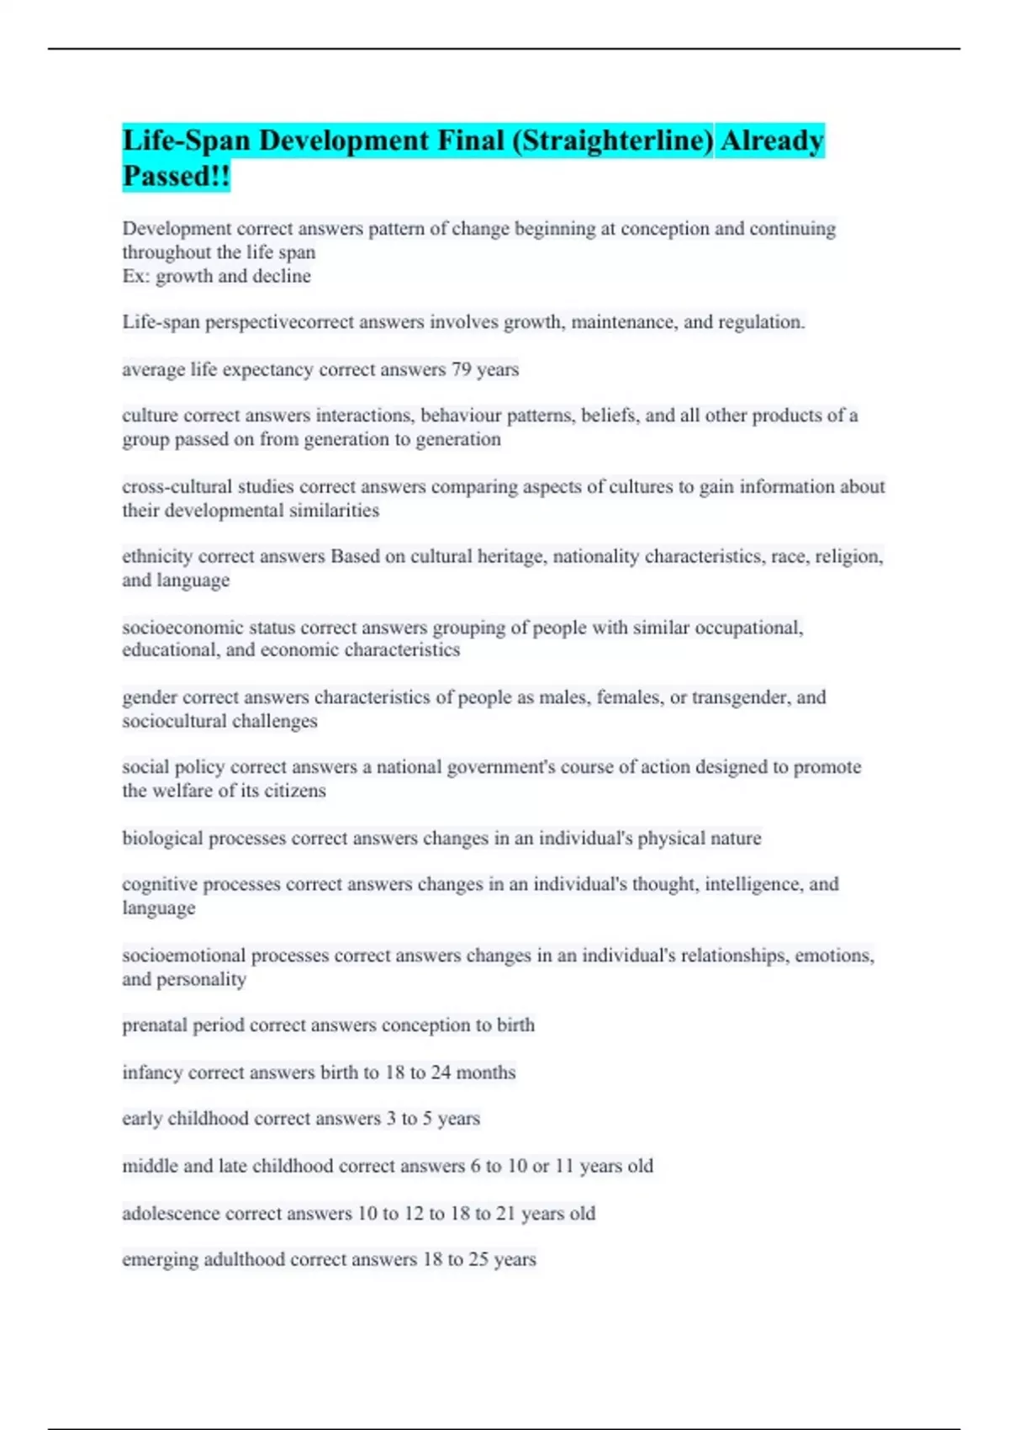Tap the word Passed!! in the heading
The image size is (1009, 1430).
click(x=176, y=177)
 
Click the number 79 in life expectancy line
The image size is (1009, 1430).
click(x=461, y=369)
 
